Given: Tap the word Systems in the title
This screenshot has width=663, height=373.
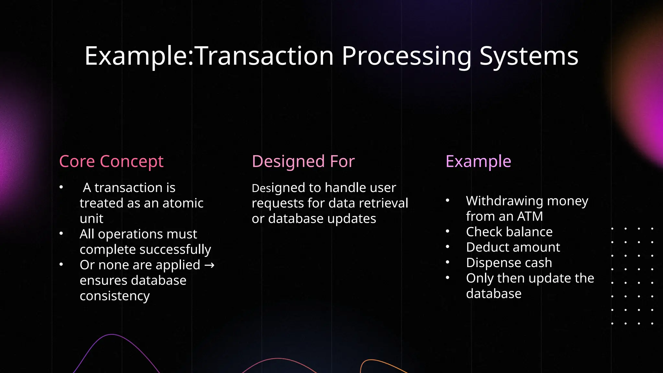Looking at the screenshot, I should point(529,56).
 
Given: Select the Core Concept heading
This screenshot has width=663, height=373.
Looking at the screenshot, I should point(111,161).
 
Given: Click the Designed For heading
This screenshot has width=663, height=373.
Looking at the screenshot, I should point(303,161).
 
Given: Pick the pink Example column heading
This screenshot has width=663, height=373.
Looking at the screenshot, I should point(478,161).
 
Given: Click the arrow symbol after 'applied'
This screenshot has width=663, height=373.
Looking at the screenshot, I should point(209,265).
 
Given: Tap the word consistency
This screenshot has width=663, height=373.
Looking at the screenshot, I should point(115,296).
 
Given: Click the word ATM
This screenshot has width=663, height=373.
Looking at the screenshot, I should point(530,216).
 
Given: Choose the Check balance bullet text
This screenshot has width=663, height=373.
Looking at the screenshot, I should point(509,232).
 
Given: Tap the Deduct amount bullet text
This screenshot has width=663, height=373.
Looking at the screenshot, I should point(513,247).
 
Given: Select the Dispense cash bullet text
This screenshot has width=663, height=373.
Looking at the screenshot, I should point(509,263).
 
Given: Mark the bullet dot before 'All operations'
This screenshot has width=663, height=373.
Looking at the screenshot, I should point(61,233).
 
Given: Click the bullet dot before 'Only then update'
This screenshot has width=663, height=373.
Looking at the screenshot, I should point(447,277).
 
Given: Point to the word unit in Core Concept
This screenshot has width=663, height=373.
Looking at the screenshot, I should point(91,219).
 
